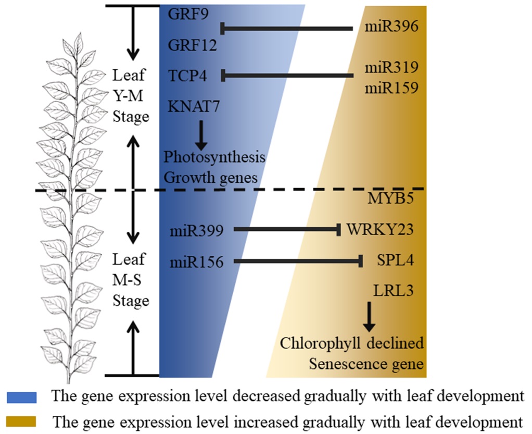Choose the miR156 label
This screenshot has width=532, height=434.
point(196,262)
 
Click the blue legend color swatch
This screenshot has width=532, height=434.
point(21,397)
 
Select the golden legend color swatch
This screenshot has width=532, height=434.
point(21,420)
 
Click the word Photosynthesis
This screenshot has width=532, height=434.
point(214,157)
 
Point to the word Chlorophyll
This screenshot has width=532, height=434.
point(321,343)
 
